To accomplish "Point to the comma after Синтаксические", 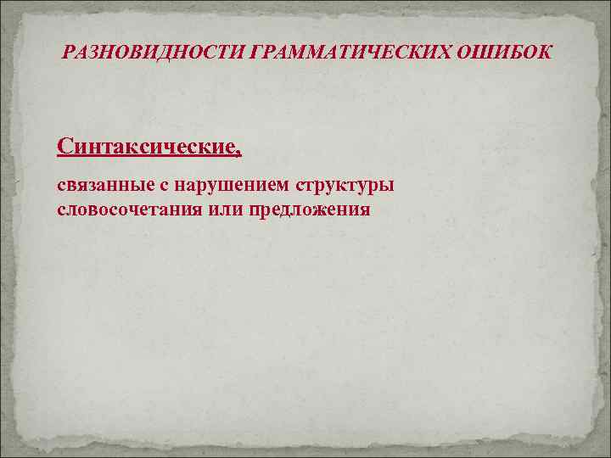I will coord(238,153).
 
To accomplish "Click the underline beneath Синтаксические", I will coord(149,157).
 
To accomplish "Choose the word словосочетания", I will coord(127,209).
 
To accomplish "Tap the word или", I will coord(224,209).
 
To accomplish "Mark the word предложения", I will coord(309,209).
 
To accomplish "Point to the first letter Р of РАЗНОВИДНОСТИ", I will coord(69,53).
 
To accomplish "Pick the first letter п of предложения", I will coord(253,209).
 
